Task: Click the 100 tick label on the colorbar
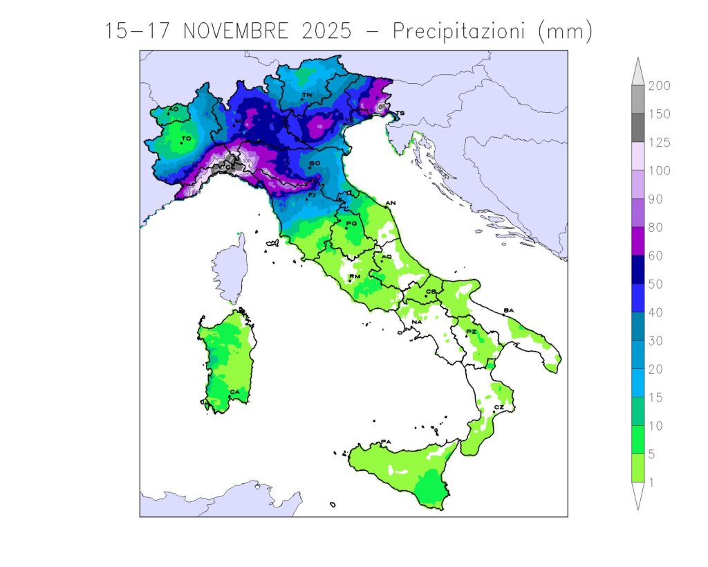click(x=656, y=170)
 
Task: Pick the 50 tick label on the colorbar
click(x=653, y=284)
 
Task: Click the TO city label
click(x=186, y=138)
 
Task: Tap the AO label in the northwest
click(x=173, y=109)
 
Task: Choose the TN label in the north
click(x=306, y=95)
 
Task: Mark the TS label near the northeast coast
click(x=400, y=112)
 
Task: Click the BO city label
click(x=315, y=163)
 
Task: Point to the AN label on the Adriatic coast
click(x=391, y=202)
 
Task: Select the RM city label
click(x=355, y=276)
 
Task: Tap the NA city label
click(x=417, y=322)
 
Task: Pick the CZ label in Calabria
click(x=499, y=408)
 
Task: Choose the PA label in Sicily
click(x=386, y=442)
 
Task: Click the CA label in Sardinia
click(x=234, y=392)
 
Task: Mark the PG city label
click(x=351, y=223)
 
